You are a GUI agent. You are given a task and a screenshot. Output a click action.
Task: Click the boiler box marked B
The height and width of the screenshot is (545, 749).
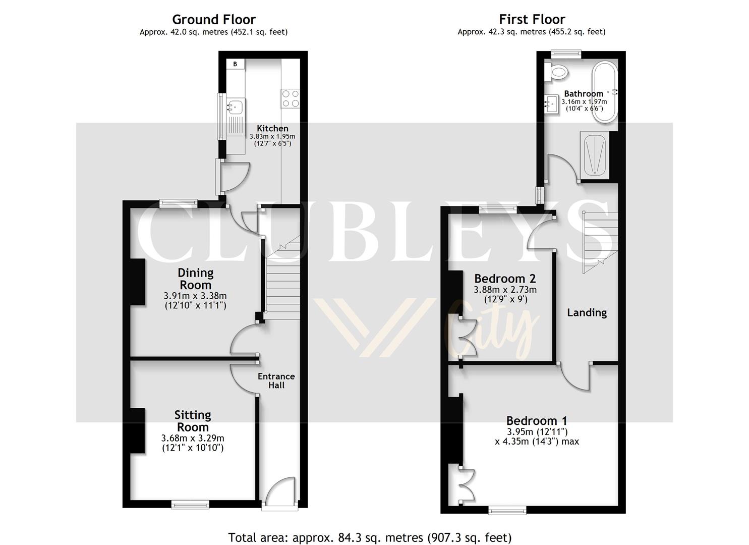point(235,64)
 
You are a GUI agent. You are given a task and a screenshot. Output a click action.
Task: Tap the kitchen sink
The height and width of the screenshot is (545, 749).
point(235,106)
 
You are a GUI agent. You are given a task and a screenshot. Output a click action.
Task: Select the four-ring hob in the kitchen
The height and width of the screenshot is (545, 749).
point(290,98)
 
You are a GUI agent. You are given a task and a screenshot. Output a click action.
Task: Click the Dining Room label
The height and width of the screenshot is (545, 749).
point(195,279)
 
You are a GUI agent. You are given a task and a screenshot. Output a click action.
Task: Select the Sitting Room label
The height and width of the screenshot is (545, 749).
point(193,421)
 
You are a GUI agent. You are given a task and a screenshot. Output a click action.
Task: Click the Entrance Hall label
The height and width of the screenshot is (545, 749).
point(276,380)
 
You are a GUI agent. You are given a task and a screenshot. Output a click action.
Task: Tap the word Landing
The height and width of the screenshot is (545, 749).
point(587,312)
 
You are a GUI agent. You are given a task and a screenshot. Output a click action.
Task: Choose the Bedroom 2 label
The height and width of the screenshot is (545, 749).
point(505,279)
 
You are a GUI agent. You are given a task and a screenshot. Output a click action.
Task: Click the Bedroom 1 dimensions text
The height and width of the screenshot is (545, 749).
point(537,437)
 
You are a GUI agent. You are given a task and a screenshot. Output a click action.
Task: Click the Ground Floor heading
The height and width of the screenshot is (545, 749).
point(214,20)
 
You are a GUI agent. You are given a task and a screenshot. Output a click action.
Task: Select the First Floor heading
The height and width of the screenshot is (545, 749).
point(532,19)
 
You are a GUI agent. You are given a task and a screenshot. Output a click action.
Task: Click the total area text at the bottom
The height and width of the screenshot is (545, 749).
point(370,537)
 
